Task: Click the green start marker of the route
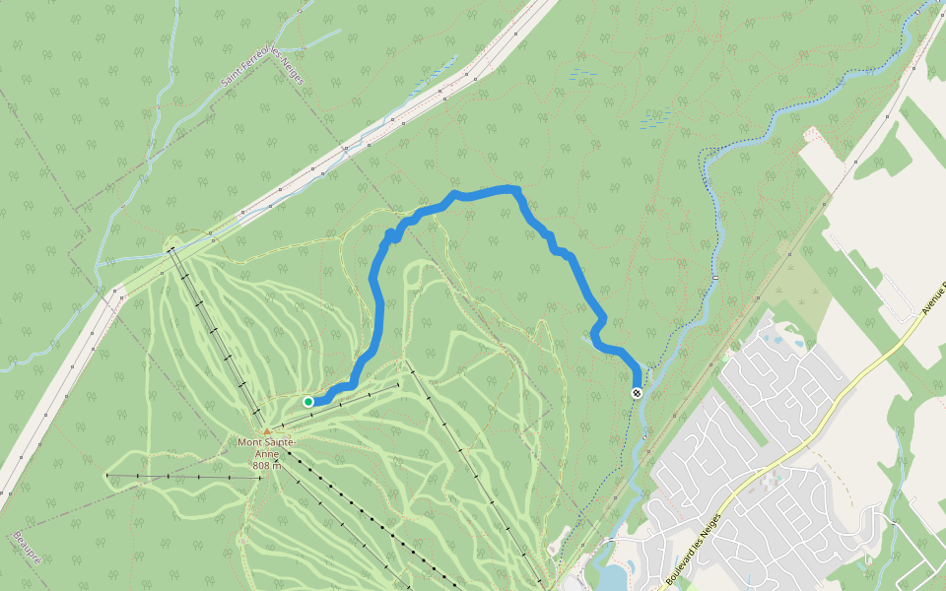tap(308, 401)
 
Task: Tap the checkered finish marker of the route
tap(637, 393)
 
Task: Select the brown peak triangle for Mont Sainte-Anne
tap(266, 430)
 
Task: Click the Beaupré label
tap(28, 548)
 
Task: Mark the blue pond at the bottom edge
tap(613, 577)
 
